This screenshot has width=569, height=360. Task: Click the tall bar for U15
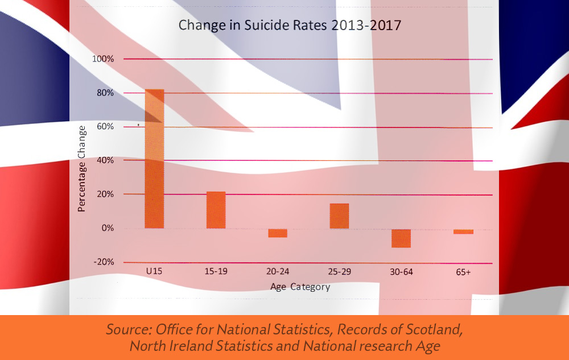point(154,159)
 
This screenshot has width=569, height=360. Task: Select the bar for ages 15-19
point(216,210)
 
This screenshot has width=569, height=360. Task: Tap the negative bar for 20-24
point(278,233)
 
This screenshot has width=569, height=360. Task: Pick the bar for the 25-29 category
point(339,216)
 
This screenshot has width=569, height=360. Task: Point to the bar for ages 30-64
point(401,238)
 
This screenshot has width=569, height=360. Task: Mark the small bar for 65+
point(463,231)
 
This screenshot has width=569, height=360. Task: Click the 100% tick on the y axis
point(104,59)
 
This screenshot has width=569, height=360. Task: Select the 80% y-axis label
point(106,93)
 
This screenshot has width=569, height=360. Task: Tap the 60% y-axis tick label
point(106,126)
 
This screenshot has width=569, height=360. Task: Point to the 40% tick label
point(106,160)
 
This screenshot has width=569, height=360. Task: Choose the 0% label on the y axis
point(108,228)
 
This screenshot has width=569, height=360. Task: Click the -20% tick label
point(104,262)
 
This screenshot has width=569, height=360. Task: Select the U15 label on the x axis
point(154,272)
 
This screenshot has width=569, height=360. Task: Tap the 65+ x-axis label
point(463,272)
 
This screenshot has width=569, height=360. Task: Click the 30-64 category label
point(401,272)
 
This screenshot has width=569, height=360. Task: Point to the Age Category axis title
point(300,287)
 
